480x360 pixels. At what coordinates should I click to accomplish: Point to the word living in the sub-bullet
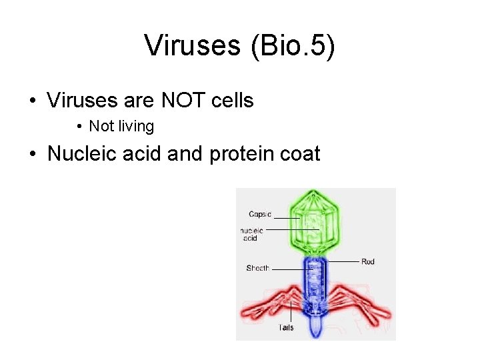click(136, 126)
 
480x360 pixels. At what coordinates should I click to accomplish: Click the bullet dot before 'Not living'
click(79, 127)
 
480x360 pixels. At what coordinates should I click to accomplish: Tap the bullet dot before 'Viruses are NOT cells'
click(32, 101)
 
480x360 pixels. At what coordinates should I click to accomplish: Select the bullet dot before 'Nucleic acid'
click(32, 155)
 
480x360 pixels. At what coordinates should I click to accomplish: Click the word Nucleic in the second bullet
click(82, 154)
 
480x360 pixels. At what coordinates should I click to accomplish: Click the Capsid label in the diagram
click(259, 214)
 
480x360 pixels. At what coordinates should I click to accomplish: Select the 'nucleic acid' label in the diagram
click(253, 234)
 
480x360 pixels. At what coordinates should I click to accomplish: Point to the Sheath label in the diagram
click(257, 268)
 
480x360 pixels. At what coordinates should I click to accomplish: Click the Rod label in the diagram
click(368, 261)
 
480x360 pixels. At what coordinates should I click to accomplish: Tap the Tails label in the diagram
click(286, 327)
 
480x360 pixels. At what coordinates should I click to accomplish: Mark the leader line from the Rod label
click(343, 261)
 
